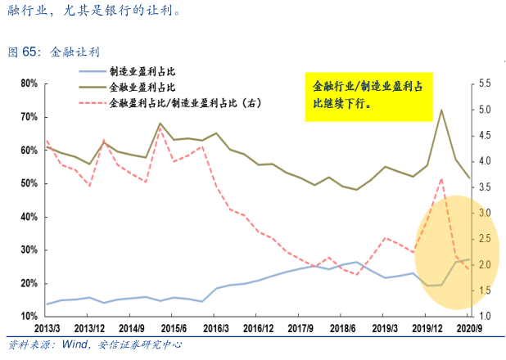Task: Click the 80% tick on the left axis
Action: [x=28, y=83]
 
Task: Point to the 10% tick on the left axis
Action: [x=28, y=316]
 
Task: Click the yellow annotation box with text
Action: [x=368, y=95]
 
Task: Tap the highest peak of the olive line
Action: [x=441, y=110]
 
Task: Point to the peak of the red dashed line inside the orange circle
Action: [x=441, y=178]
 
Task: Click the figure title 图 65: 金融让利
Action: [x=53, y=52]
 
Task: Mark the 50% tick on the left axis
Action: [x=28, y=183]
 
